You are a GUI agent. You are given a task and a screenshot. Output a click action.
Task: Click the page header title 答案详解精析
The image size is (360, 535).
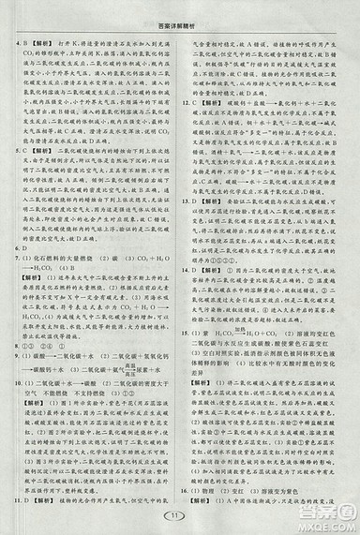pos(181,12)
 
